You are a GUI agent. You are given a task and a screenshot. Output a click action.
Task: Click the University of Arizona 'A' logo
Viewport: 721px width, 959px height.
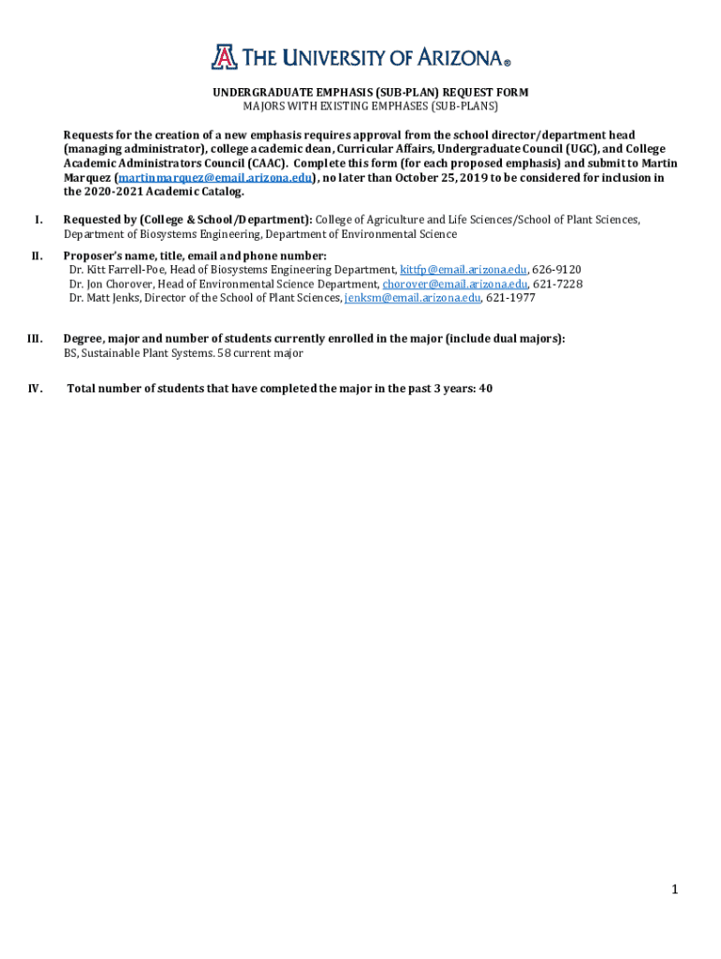click(224, 57)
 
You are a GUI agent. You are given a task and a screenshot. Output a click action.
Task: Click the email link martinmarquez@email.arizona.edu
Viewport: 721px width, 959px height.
click(213, 177)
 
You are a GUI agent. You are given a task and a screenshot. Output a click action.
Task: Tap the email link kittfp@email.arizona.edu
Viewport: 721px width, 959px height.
click(463, 270)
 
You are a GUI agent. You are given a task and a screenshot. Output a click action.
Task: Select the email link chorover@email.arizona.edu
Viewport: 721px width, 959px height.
click(455, 284)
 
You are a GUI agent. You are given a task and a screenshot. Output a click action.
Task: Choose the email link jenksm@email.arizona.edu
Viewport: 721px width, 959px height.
click(413, 298)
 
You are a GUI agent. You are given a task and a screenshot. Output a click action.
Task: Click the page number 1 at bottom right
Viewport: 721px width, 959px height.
click(673, 890)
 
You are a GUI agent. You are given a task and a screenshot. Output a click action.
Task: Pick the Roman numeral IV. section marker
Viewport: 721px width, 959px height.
click(35, 389)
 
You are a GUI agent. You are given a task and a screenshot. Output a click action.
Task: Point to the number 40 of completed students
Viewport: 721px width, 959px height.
click(485, 389)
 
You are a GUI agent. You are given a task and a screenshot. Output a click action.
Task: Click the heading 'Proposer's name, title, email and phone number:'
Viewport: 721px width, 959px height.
click(195, 256)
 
